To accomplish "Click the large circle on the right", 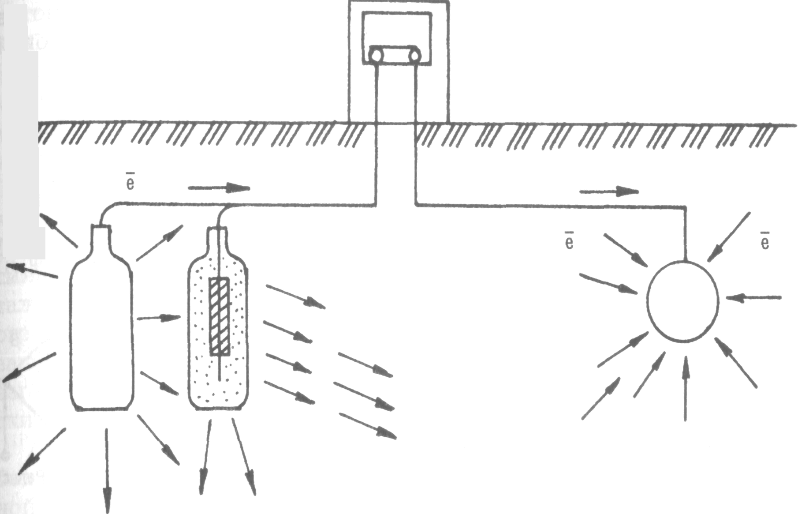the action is [683, 300].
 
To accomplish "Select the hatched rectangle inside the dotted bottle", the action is [219, 316].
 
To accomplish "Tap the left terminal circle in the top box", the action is [377, 56].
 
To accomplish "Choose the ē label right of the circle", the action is [765, 241].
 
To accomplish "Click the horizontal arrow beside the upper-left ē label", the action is [219, 188].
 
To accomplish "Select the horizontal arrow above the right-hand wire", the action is [608, 191].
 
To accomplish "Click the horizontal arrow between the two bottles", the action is [159, 318].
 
